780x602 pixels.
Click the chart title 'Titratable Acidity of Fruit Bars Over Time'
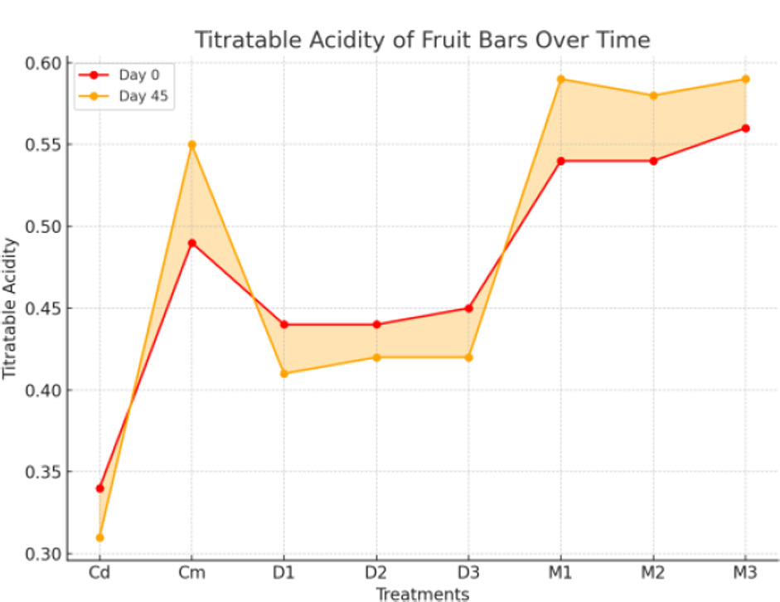coord(423,39)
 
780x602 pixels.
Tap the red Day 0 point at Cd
coord(100,488)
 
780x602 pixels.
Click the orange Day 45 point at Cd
coord(100,537)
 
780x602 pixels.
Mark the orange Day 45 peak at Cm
coord(192,144)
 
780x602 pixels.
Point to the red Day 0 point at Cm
coord(192,243)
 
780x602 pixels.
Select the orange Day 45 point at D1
coord(284,373)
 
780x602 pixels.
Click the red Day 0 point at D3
coord(468,308)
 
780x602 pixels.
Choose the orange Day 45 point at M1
coord(561,80)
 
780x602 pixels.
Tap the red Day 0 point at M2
coord(653,161)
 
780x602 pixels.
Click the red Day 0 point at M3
coord(745,129)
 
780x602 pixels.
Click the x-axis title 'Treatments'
coord(423,594)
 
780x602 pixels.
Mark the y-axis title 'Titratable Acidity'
coord(11,308)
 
